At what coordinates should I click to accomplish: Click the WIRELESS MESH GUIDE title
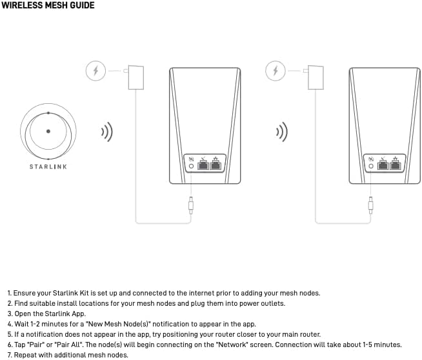(x=48, y=6)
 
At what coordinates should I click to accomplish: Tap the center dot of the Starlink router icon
(x=48, y=131)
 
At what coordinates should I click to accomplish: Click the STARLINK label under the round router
(x=48, y=166)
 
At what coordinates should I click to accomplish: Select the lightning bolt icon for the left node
(x=95, y=70)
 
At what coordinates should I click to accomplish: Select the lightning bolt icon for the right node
(x=276, y=70)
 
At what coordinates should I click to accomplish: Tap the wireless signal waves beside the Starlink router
(x=106, y=133)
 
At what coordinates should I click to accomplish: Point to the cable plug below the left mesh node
(x=190, y=207)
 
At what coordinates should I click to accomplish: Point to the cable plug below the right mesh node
(x=370, y=207)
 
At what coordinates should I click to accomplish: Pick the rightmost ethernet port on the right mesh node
(x=394, y=164)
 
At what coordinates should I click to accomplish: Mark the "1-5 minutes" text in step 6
(x=379, y=345)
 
